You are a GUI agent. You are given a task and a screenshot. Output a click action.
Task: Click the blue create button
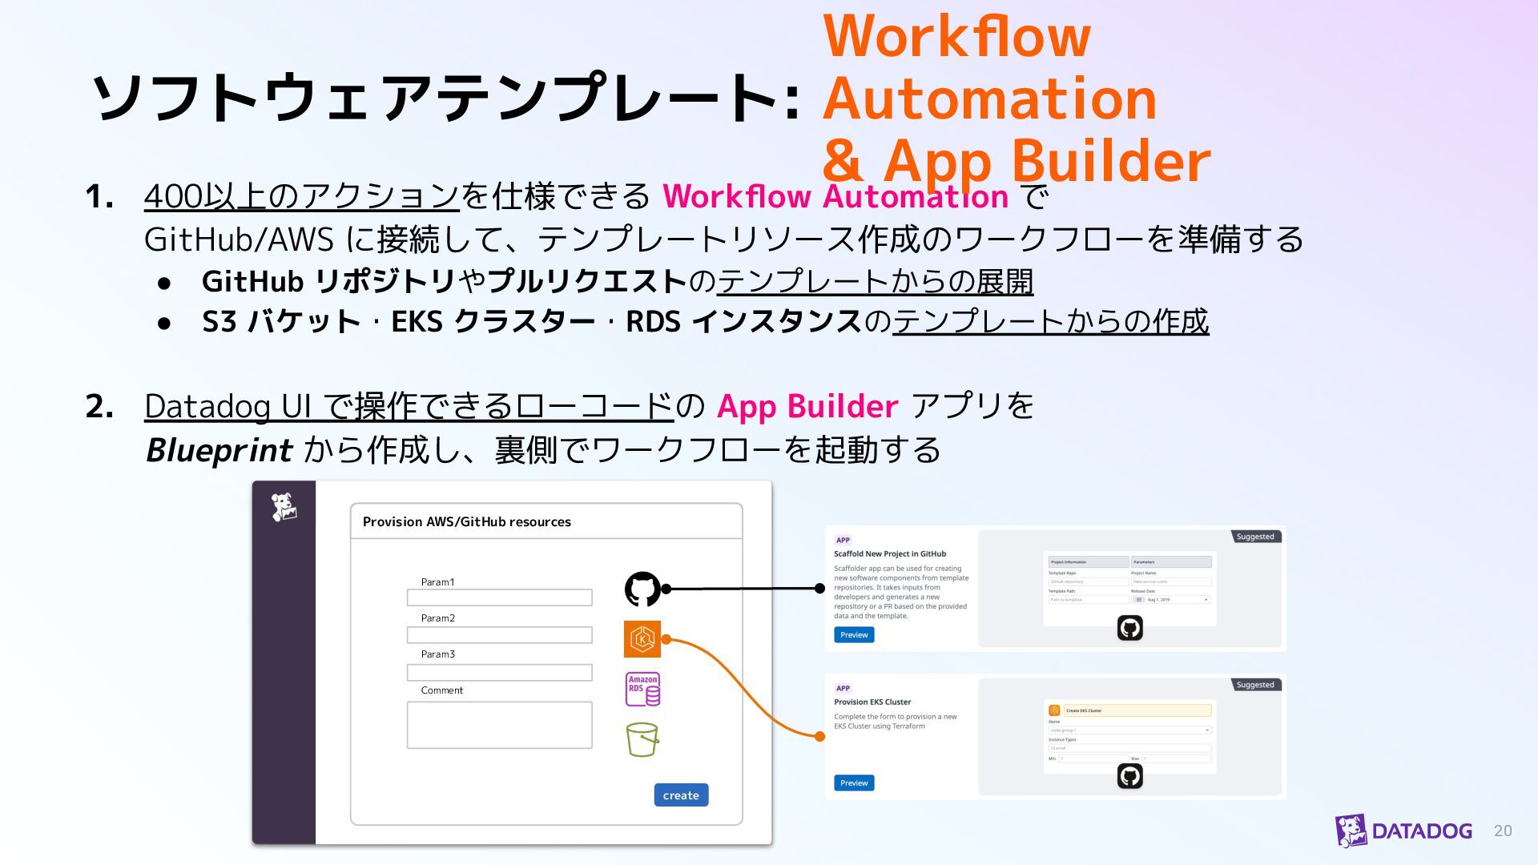[x=681, y=795]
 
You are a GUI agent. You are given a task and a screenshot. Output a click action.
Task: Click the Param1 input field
[x=499, y=597]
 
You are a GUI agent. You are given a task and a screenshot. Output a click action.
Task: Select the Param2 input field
[x=499, y=635]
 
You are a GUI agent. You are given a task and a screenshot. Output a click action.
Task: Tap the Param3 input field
[x=499, y=673]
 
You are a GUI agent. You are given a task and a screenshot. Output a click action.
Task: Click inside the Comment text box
[x=499, y=725]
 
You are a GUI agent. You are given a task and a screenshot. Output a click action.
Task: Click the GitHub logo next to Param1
[x=642, y=589]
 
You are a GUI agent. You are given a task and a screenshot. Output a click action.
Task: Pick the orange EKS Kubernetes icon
[x=642, y=639]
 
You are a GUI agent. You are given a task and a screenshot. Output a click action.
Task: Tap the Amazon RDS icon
[x=642, y=689]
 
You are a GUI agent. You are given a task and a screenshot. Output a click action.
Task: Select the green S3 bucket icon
[x=642, y=739]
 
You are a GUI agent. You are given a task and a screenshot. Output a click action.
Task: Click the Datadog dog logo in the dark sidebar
[x=284, y=507]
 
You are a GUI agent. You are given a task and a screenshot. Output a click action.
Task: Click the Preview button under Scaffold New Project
[x=854, y=635]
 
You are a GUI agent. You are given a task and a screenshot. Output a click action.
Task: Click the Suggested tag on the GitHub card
[x=1255, y=537]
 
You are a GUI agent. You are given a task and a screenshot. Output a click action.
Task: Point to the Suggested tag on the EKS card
[x=1255, y=685]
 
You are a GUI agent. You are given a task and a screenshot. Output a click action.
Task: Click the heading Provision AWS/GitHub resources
[x=467, y=522]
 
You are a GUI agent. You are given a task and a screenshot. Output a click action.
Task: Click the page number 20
[x=1503, y=831]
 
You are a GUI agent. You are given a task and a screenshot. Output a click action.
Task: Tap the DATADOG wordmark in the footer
[x=1422, y=831]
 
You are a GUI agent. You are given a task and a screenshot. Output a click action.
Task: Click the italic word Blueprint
[x=219, y=450]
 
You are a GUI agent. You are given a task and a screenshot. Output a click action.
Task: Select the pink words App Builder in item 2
[x=807, y=407]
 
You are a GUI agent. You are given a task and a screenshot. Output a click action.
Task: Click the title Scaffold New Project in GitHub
[x=890, y=553]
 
